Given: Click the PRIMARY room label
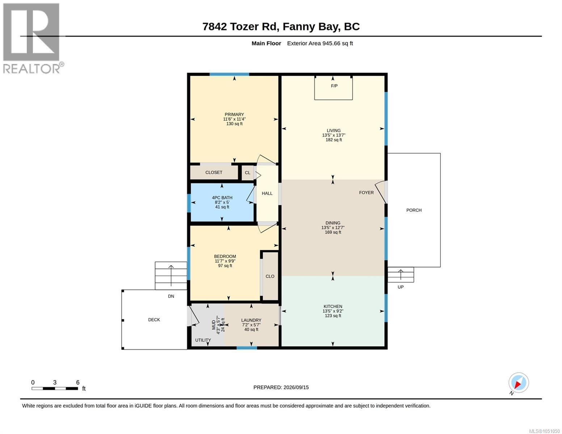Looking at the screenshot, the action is [x=234, y=114].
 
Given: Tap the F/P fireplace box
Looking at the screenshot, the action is [x=333, y=88].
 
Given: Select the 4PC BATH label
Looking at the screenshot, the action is [x=222, y=197].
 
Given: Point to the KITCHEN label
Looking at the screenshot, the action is [x=333, y=306].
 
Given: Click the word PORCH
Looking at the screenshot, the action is [x=414, y=210].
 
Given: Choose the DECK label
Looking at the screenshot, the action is [x=154, y=320].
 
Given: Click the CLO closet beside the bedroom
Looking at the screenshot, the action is [x=270, y=276].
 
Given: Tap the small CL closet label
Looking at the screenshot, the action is [x=248, y=173].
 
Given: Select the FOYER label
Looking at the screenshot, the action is [x=366, y=192].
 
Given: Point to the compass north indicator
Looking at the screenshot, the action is [x=519, y=383].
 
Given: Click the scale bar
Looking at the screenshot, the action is [x=55, y=388].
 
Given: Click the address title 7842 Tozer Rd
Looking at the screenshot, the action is [x=240, y=26].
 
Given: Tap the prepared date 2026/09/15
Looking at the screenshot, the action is [x=296, y=387].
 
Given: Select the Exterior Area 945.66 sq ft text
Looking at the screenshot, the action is [x=320, y=43].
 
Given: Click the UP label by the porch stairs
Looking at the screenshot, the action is [x=401, y=287].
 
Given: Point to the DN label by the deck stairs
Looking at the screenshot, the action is [x=171, y=296].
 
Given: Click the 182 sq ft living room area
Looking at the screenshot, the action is [x=334, y=140].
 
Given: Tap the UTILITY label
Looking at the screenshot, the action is [x=203, y=340].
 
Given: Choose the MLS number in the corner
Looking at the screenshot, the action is [x=544, y=431].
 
